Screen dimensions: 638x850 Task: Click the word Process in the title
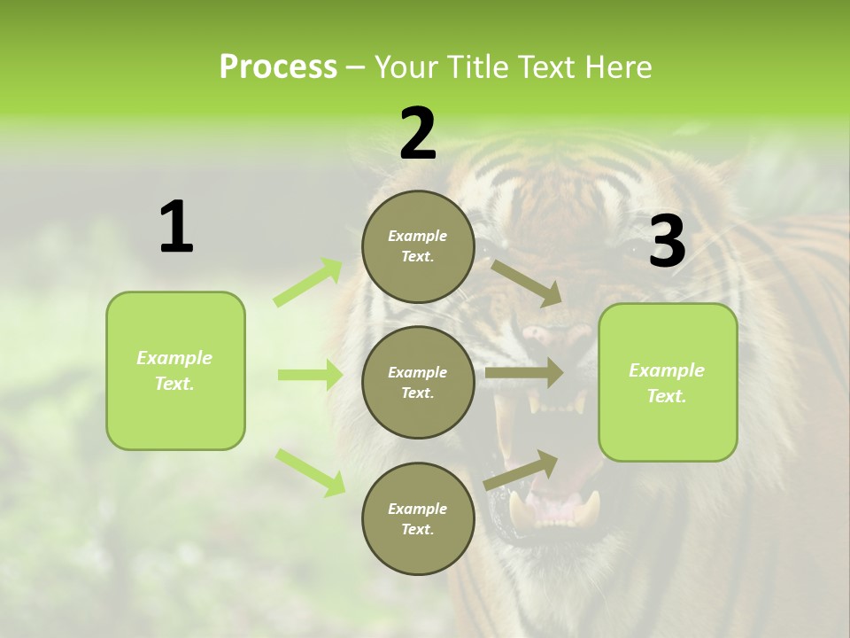coord(278,67)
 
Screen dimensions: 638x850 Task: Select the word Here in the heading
coord(620,67)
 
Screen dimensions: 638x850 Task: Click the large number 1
coord(176,228)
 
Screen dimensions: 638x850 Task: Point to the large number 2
coord(418,134)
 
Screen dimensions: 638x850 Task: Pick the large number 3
coord(667,242)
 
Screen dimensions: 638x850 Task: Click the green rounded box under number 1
coord(175,370)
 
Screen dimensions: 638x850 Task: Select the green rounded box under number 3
coord(668,382)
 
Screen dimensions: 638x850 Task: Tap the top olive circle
coord(418,246)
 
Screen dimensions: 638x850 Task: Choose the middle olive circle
coord(418,382)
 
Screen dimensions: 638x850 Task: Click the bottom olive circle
coord(418,518)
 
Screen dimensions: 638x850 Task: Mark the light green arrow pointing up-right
coord(308,282)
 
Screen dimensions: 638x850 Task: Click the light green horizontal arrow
coord(310,375)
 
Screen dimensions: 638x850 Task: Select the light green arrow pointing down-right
coord(310,471)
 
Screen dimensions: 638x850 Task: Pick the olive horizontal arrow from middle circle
coord(524,373)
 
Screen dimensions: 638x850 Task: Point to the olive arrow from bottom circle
coord(522,470)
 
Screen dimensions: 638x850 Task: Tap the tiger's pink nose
coord(542,335)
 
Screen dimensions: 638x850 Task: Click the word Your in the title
coord(405,67)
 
